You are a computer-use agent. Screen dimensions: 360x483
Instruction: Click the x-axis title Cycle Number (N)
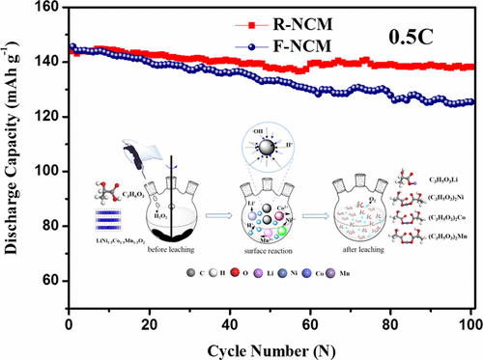click(x=274, y=345)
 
